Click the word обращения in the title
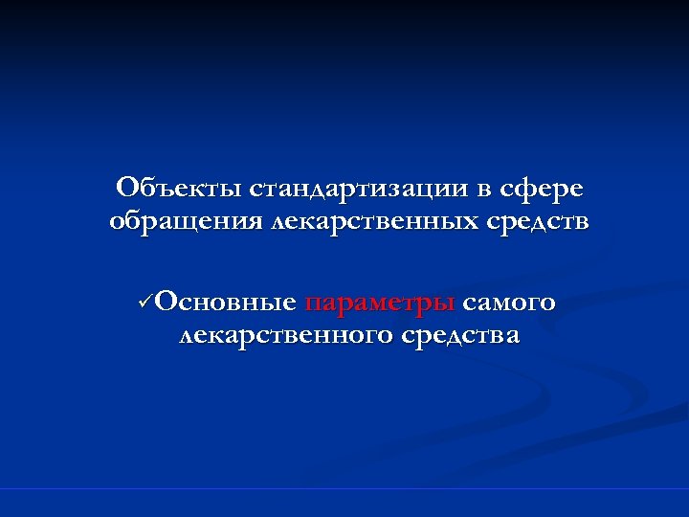tap(185, 223)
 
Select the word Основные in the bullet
tap(225, 303)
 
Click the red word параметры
tap(379, 304)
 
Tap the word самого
tap(509, 303)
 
